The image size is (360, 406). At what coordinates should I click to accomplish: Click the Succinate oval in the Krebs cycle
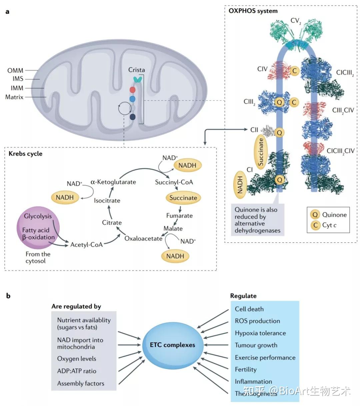(x=183, y=198)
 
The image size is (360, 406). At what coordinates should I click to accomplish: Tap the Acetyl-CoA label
(x=86, y=245)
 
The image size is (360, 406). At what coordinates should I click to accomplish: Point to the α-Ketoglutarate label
(x=113, y=182)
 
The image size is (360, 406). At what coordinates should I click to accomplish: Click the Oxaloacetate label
(x=143, y=238)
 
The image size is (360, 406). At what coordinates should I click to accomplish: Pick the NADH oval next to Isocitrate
(x=65, y=198)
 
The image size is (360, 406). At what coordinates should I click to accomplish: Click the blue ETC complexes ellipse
(x=172, y=345)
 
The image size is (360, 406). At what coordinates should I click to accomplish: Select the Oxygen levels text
(x=77, y=359)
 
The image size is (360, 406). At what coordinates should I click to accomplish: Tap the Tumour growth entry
(x=256, y=345)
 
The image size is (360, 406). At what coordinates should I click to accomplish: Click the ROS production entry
(x=257, y=321)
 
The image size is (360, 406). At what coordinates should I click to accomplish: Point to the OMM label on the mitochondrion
(x=15, y=71)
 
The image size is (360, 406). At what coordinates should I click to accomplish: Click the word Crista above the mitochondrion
(x=137, y=70)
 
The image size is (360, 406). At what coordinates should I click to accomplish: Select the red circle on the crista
(x=132, y=90)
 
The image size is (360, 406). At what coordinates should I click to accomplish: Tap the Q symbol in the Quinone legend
(x=315, y=215)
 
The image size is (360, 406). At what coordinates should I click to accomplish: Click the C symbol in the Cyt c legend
(x=315, y=225)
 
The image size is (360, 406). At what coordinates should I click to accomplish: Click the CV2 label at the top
(x=296, y=21)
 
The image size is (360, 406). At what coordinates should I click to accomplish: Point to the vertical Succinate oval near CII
(x=261, y=152)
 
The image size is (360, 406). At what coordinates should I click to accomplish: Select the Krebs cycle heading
(x=25, y=154)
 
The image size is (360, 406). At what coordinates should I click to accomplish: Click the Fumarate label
(x=179, y=216)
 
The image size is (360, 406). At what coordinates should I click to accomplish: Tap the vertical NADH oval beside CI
(x=240, y=185)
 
